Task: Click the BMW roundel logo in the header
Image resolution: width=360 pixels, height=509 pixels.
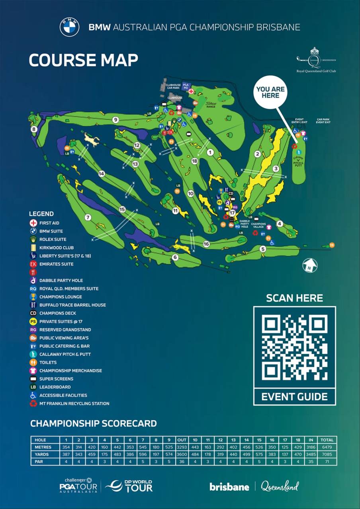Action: [x=69, y=27]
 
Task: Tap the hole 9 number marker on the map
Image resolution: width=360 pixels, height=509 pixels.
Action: [x=115, y=119]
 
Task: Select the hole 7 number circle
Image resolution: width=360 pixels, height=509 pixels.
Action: [x=88, y=217]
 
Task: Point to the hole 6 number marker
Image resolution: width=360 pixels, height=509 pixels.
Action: [x=175, y=257]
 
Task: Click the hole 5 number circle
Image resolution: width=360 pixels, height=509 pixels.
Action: [x=262, y=249]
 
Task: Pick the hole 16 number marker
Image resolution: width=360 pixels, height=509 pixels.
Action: [x=206, y=244]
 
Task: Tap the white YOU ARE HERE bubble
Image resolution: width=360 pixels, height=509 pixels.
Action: [x=270, y=92]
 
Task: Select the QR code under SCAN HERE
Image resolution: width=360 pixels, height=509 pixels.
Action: [x=294, y=347]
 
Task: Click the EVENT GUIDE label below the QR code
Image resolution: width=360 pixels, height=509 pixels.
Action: [x=294, y=397]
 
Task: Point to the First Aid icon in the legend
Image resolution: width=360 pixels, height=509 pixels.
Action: [x=33, y=223]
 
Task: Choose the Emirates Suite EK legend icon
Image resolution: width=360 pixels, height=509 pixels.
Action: [x=33, y=264]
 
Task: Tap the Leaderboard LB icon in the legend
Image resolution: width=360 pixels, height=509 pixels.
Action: [x=33, y=387]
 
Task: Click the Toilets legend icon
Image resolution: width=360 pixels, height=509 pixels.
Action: [x=33, y=362]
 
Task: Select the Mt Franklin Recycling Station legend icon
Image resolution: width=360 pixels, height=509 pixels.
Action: [x=33, y=403]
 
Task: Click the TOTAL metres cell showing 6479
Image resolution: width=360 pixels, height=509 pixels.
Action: [x=327, y=447]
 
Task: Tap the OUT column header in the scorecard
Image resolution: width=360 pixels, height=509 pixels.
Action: [x=182, y=440]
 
